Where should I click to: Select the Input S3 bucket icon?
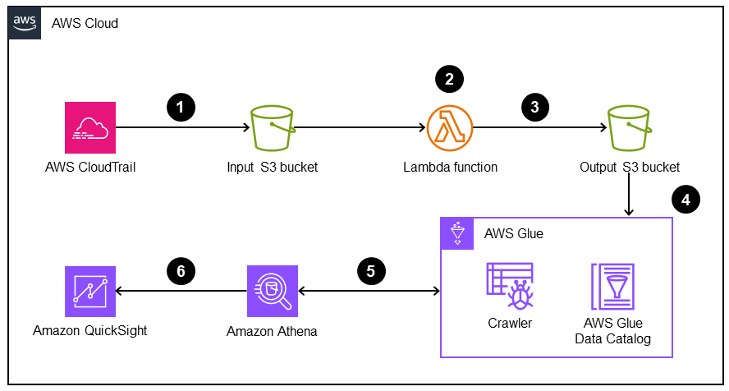point(272,127)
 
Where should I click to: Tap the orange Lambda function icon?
point(450,127)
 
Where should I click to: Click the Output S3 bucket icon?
point(629,127)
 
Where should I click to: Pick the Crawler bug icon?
point(509,285)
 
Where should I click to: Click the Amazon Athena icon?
point(272,292)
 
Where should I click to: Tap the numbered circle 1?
point(181,107)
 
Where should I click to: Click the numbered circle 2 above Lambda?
point(449,80)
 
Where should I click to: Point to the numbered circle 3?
point(535,107)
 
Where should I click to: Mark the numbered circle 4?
point(685,198)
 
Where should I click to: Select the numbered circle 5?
point(372,270)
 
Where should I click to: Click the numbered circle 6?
point(181,270)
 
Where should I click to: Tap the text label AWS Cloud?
point(85,23)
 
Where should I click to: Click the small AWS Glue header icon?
point(456,233)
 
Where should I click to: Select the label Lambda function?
point(450,168)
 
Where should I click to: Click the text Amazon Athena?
point(272,332)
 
